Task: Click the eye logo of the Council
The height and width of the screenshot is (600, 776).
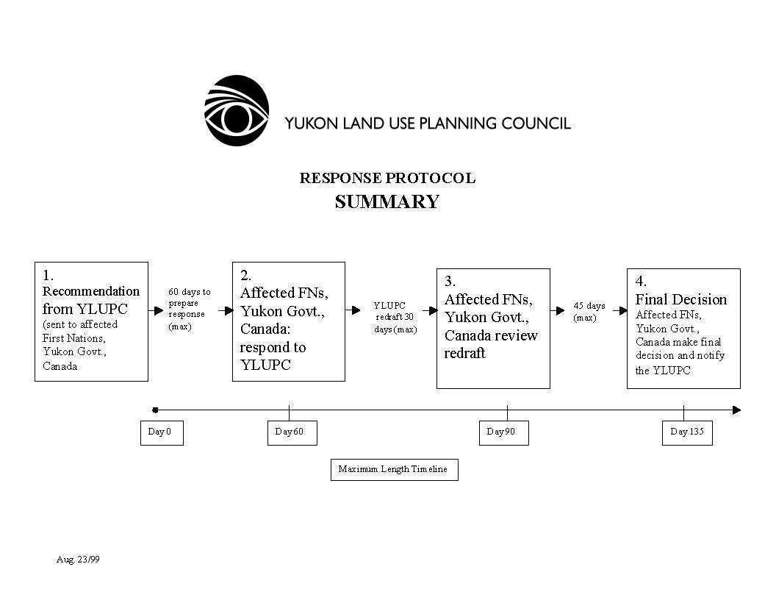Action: point(237,111)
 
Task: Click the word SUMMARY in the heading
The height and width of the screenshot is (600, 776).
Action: point(387,202)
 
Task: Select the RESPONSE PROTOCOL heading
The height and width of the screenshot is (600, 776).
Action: point(387,178)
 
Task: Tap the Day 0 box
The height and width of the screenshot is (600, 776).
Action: point(161,432)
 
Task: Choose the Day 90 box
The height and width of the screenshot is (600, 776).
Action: point(503,432)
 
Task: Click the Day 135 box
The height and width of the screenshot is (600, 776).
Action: point(687,432)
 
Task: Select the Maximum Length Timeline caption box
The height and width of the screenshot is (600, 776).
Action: point(394,469)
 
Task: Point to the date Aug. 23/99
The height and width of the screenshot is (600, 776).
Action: point(78,560)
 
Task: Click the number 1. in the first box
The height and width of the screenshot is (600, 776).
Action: point(48,276)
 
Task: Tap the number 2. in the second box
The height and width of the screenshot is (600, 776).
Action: point(246,276)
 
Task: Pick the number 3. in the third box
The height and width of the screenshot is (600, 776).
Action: point(450,282)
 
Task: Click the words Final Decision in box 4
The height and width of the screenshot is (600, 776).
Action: point(681,299)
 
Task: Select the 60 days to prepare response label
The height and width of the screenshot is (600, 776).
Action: point(189,309)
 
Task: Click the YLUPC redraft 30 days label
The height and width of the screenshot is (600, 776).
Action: point(395,317)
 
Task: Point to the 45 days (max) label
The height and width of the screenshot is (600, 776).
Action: point(589,312)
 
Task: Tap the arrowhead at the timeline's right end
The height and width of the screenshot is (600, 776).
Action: point(737,410)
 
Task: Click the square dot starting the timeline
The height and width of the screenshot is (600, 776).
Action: point(155,410)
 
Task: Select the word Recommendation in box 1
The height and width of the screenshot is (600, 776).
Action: point(91,291)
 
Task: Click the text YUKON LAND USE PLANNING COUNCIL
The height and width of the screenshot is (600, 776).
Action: point(428,124)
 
